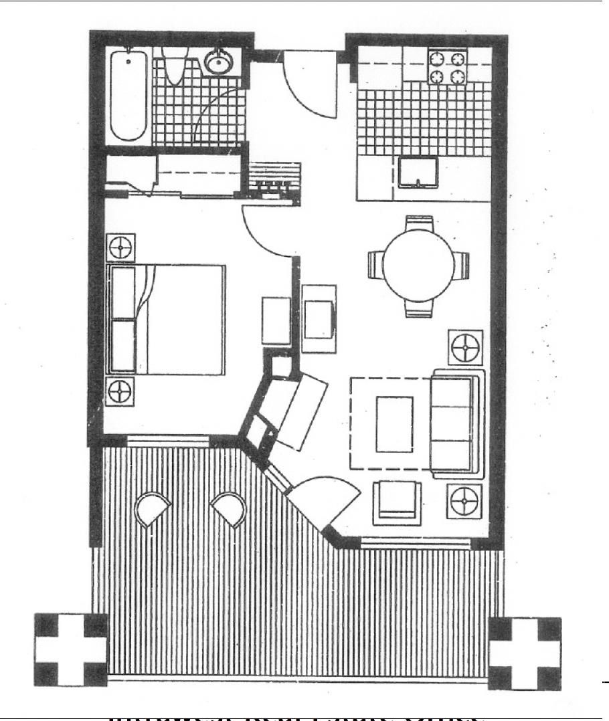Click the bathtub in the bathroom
click(x=128, y=95)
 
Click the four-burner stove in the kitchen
click(x=446, y=67)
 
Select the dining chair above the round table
click(x=419, y=223)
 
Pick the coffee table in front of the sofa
click(x=394, y=423)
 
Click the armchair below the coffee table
click(x=398, y=501)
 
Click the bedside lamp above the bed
click(x=120, y=248)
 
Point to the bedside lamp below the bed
click(x=120, y=391)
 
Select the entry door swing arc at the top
click(x=308, y=87)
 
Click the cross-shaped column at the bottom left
click(x=70, y=649)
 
